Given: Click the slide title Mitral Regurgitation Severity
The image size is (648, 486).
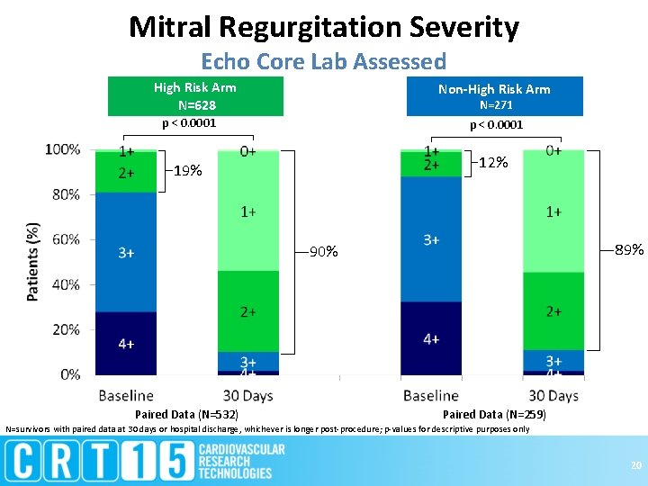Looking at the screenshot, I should coord(324,27).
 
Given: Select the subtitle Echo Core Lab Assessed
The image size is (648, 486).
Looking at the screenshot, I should coord(324,62).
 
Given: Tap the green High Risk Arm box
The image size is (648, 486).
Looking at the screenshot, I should coord(196,97).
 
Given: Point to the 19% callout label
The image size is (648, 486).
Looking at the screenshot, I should coord(187,171).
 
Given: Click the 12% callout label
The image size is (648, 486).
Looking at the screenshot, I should coord(493,163).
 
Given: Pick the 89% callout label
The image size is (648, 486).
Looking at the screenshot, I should coord(628,249).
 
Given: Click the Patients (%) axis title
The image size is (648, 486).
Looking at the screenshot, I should coord(33,262).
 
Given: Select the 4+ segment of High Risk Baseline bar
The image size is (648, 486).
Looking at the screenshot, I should coord(126,343).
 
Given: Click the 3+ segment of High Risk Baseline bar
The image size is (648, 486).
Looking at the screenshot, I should coord(126,252).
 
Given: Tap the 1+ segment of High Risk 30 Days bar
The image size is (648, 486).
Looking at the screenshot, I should coord(247,211).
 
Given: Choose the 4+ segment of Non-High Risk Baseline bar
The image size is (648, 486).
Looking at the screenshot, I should coord(431,338).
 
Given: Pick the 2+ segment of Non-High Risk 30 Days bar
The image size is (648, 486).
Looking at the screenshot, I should coord(553,311).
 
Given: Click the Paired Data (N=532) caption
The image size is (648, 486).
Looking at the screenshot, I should coord(186,415).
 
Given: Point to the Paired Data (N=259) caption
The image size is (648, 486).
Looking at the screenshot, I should coord(493,415).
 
